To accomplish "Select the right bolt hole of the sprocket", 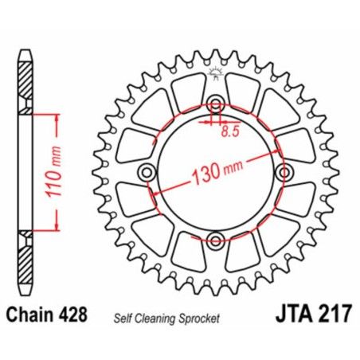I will pyautogui.click(x=284, y=172).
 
